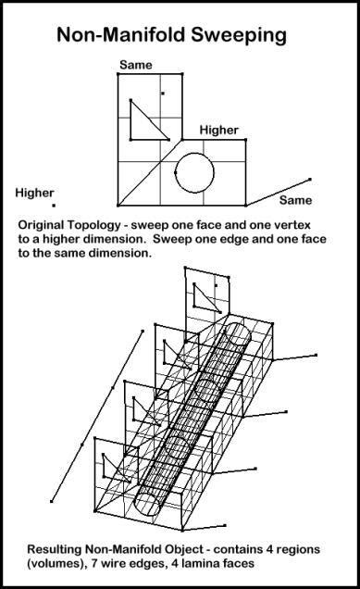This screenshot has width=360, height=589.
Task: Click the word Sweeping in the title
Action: pyautogui.click(x=239, y=36)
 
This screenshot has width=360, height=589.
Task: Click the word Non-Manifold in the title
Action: pyautogui.click(x=121, y=35)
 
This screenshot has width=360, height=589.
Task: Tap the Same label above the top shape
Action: pyautogui.click(x=136, y=65)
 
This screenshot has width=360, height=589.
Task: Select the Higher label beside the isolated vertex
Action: pyautogui.click(x=34, y=193)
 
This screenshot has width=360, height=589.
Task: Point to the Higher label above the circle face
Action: pyautogui.click(x=218, y=131)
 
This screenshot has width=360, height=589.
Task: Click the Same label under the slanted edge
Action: pyautogui.click(x=295, y=200)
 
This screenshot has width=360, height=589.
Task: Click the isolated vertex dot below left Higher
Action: pyautogui.click(x=54, y=206)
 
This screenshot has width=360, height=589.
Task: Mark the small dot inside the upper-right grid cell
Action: pyautogui.click(x=163, y=94)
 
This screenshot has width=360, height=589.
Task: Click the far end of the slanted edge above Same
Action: pyautogui.click(x=310, y=180)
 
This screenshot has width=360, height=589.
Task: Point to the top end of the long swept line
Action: pyautogui.click(x=143, y=331)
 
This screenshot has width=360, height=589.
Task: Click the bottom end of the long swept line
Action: pyautogui.click(x=52, y=501)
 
